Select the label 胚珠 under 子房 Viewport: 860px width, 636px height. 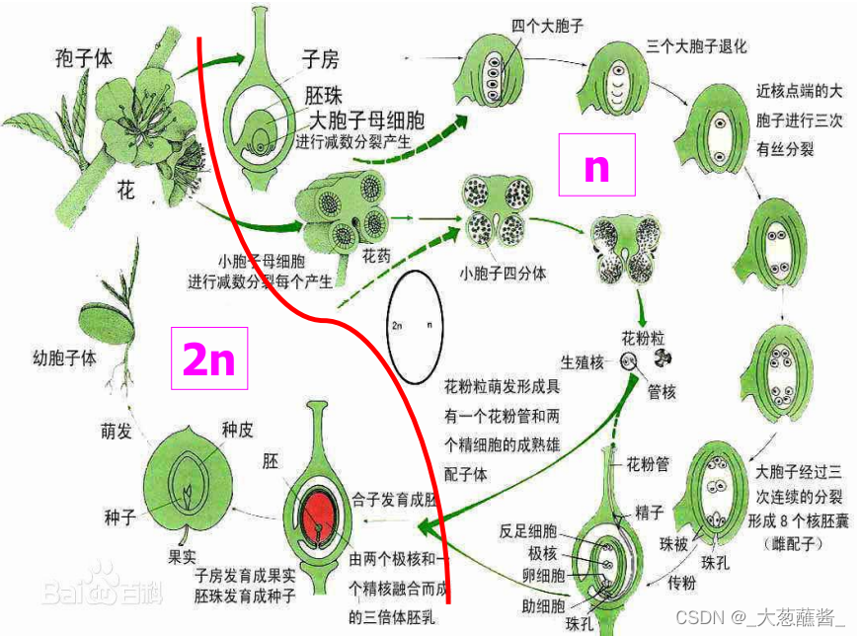click(324, 98)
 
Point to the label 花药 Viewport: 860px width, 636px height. click(377, 255)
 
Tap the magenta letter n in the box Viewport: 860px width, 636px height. click(596, 168)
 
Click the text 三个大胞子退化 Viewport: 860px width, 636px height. click(695, 45)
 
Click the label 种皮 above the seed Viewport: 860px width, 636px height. click(237, 431)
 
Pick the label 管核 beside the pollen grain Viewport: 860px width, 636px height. click(663, 392)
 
